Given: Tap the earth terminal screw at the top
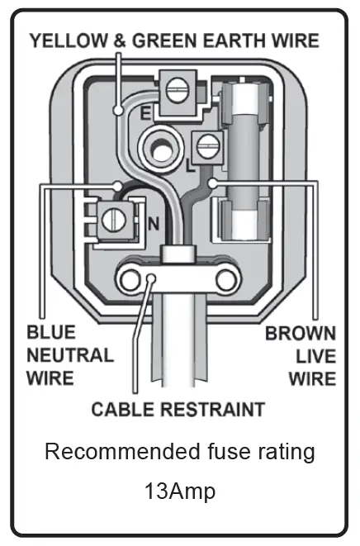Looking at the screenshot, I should point(174,89).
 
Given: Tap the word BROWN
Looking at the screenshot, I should point(300,334).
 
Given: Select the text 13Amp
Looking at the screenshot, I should point(179,492).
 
